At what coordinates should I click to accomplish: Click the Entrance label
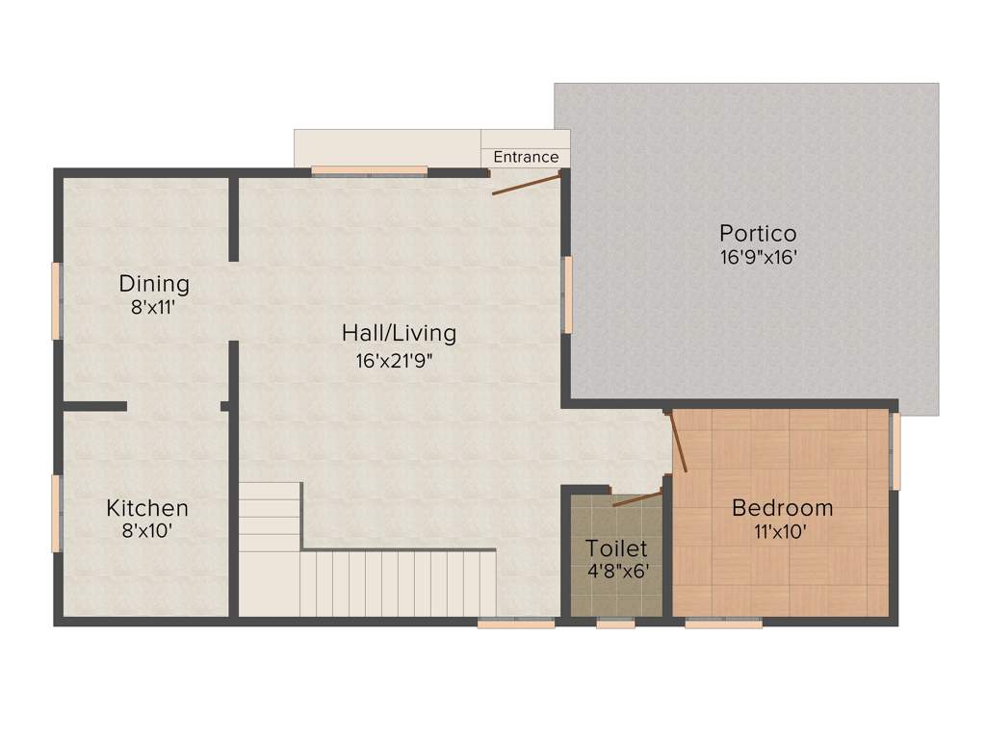point(526,157)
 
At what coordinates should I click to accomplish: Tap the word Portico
point(758,234)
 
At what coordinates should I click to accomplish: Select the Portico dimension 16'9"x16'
point(758,257)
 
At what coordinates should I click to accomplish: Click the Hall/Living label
point(399,334)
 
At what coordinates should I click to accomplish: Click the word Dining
point(154,284)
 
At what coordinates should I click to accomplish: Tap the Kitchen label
point(147,507)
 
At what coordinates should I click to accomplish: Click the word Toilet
point(616,548)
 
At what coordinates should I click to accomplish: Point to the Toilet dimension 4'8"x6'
point(616,571)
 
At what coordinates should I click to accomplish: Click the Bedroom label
point(782,508)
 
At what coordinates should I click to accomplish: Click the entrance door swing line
point(526,184)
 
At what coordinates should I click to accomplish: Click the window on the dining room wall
point(56,300)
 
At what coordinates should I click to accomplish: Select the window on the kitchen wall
point(56,514)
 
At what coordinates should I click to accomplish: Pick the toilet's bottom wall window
point(615,624)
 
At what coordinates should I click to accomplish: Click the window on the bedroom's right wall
point(895,451)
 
